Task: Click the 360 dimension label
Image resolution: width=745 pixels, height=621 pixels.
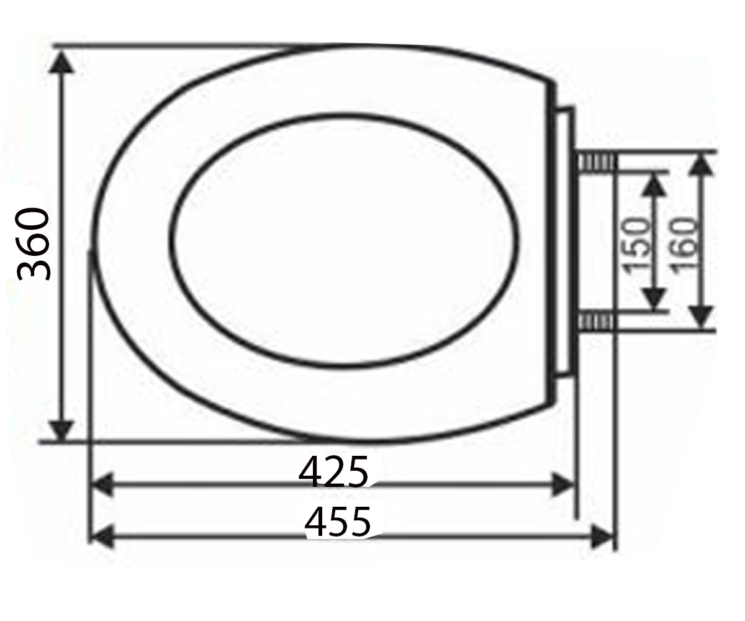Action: [x=33, y=244]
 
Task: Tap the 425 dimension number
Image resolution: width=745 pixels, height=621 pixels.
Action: [x=333, y=471]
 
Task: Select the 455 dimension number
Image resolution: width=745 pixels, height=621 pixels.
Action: [x=338, y=522]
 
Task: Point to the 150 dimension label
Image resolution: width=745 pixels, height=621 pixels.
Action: [x=636, y=247]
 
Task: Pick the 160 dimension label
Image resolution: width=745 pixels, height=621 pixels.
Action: [x=684, y=247]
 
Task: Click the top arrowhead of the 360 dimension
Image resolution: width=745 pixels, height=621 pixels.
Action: [x=61, y=61]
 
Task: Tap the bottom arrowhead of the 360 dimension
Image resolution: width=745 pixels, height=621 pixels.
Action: [x=61, y=432]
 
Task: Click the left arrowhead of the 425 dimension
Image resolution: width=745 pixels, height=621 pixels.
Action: [x=103, y=484]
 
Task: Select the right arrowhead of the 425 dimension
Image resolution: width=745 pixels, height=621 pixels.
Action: [x=563, y=484]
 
